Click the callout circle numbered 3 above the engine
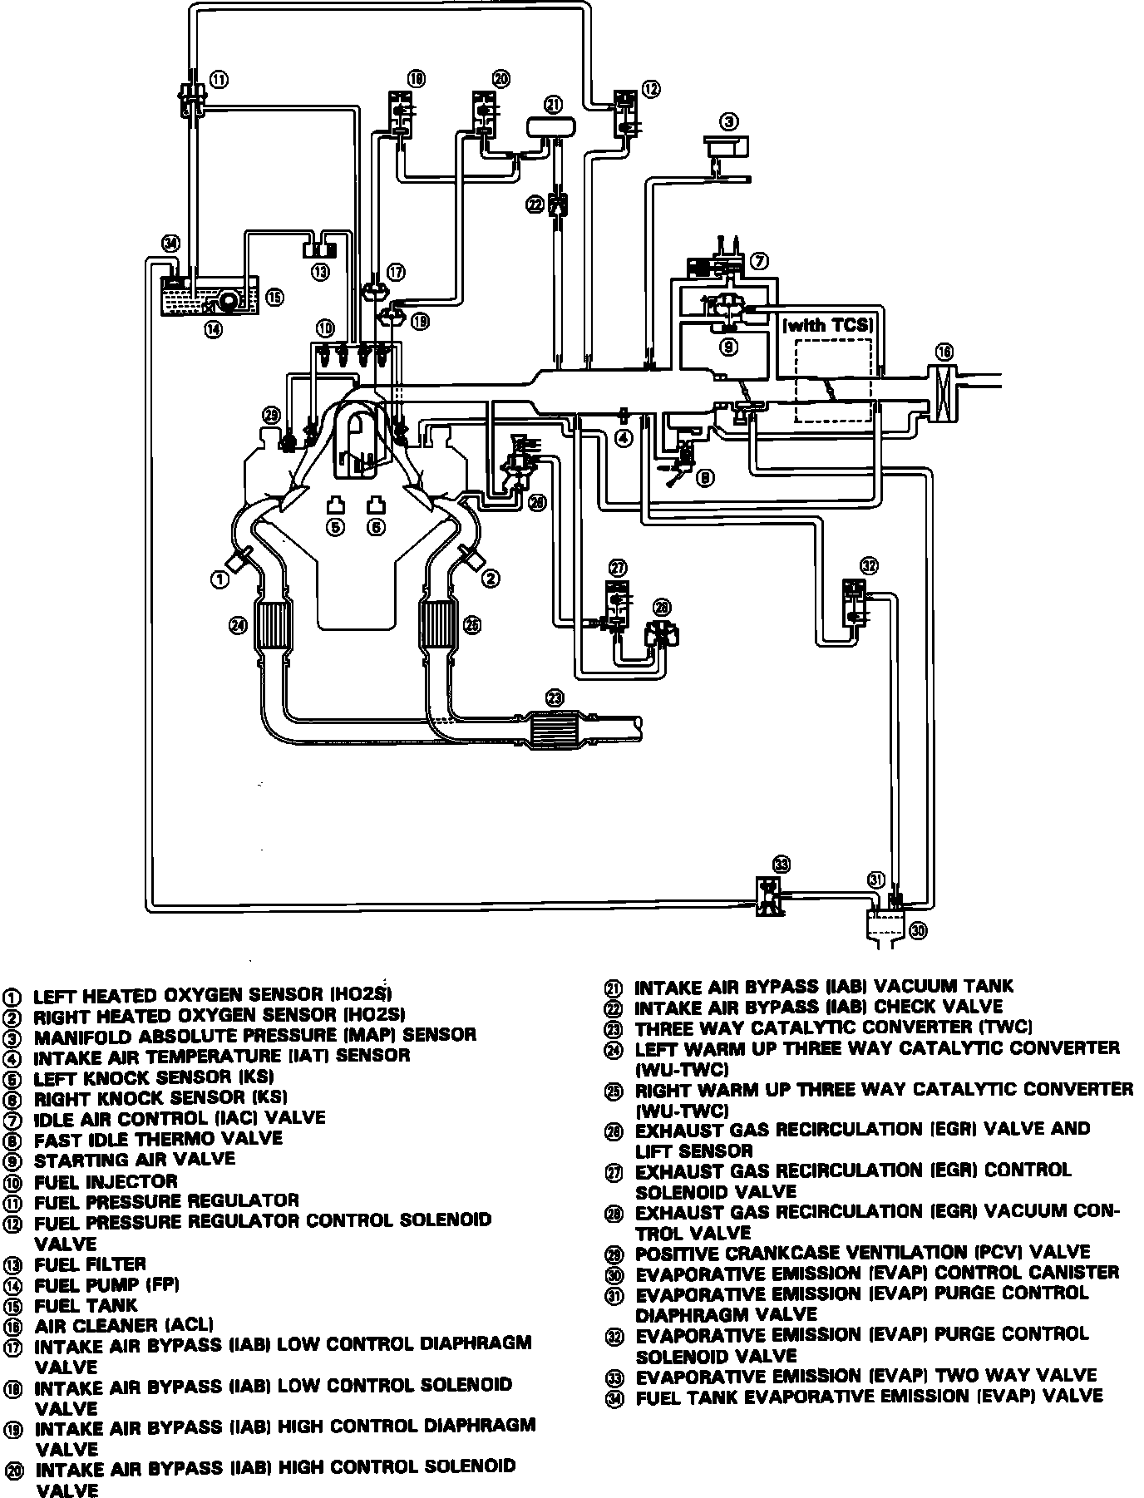click(728, 122)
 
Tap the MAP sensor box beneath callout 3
click(725, 146)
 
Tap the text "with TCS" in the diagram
click(829, 325)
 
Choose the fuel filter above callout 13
click(319, 247)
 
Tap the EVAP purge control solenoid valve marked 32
click(855, 602)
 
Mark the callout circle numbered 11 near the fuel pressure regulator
click(219, 80)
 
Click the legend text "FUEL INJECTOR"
click(106, 1181)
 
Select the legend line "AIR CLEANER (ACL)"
click(124, 1325)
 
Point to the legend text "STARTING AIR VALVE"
click(135, 1159)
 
